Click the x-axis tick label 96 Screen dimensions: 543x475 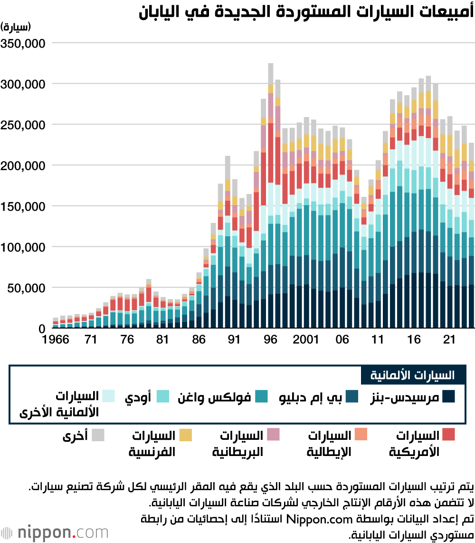[270, 340]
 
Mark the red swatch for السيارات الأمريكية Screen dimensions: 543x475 [448, 435]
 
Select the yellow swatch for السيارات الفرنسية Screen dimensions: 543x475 [185, 435]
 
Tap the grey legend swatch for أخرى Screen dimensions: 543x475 [98, 435]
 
